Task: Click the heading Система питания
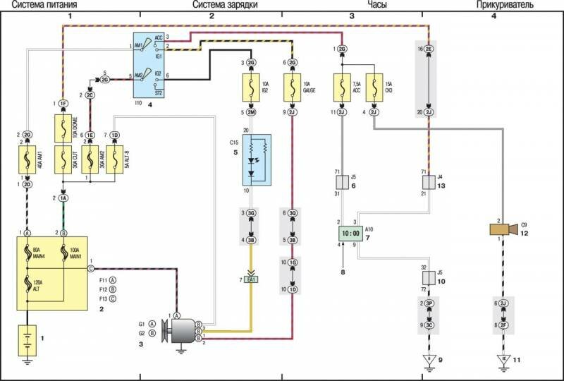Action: point(32,4)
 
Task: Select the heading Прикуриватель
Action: point(503,4)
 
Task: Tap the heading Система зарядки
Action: point(224,4)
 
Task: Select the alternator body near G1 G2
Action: point(185,330)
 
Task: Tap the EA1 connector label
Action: point(252,280)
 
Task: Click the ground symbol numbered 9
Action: point(427,361)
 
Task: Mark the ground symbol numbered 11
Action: point(503,361)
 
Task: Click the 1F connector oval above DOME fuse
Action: point(63,104)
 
